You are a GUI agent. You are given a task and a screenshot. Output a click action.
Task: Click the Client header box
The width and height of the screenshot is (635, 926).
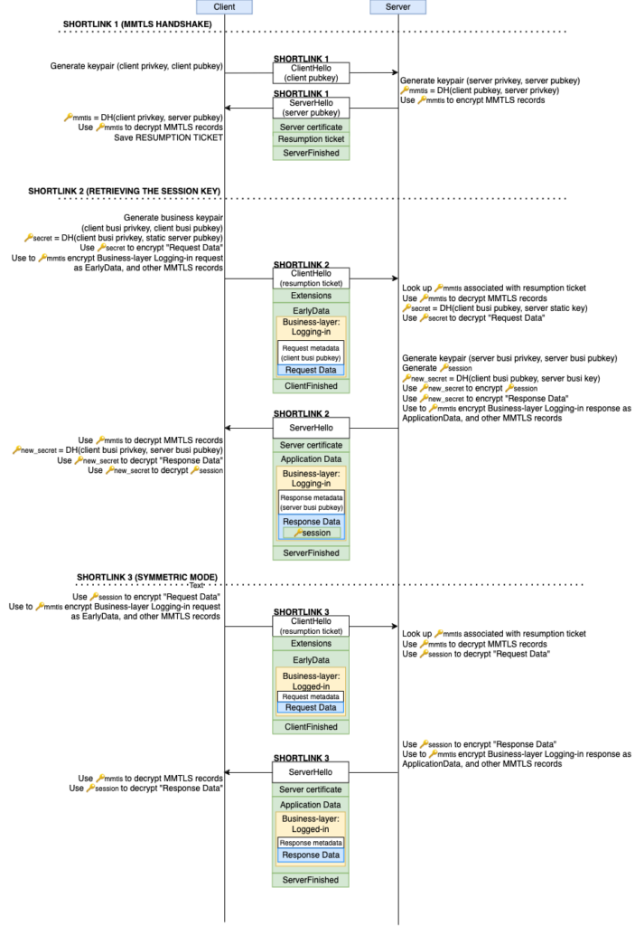[x=225, y=7]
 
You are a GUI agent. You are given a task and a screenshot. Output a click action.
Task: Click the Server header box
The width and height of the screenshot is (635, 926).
[x=397, y=7]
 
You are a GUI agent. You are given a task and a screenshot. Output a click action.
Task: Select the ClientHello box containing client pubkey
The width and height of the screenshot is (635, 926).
[x=311, y=73]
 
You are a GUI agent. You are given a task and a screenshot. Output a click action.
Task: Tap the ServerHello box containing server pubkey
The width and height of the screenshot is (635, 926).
[x=311, y=108]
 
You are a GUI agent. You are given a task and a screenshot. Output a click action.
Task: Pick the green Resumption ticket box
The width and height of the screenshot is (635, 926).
[x=311, y=139]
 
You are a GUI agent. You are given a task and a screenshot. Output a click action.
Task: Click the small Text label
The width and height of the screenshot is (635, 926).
[x=196, y=586]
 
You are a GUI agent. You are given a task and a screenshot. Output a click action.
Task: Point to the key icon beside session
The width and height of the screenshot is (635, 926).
[x=297, y=533]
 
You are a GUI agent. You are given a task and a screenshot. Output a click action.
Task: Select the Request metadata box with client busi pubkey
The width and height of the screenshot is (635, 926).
[x=311, y=353]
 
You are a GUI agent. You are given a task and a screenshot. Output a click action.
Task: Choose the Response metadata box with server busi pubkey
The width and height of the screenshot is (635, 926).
[x=311, y=502]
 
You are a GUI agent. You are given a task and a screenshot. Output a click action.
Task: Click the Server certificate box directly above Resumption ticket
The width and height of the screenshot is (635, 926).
[x=311, y=127]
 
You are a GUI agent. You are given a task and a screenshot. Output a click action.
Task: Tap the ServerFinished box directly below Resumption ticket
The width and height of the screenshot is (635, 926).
[x=311, y=153]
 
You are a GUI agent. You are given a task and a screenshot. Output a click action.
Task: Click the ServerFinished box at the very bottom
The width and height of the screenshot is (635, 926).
[x=311, y=880]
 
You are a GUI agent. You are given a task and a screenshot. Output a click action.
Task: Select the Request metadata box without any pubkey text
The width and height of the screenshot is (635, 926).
[x=311, y=696]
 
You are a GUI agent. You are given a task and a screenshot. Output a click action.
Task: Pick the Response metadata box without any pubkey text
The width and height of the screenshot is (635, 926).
[x=311, y=843]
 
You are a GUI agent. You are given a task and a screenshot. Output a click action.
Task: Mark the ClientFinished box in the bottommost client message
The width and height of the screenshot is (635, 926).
[x=311, y=727]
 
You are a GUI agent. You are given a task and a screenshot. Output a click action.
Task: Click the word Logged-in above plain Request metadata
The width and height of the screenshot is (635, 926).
[x=311, y=686]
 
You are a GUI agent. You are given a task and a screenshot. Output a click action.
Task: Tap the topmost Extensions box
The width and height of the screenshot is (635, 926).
[x=311, y=296]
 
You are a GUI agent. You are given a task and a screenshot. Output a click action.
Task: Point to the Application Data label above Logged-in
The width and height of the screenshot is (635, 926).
[x=311, y=805]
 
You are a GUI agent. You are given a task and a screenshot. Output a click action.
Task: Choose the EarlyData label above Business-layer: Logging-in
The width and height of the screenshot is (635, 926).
[x=311, y=310]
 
